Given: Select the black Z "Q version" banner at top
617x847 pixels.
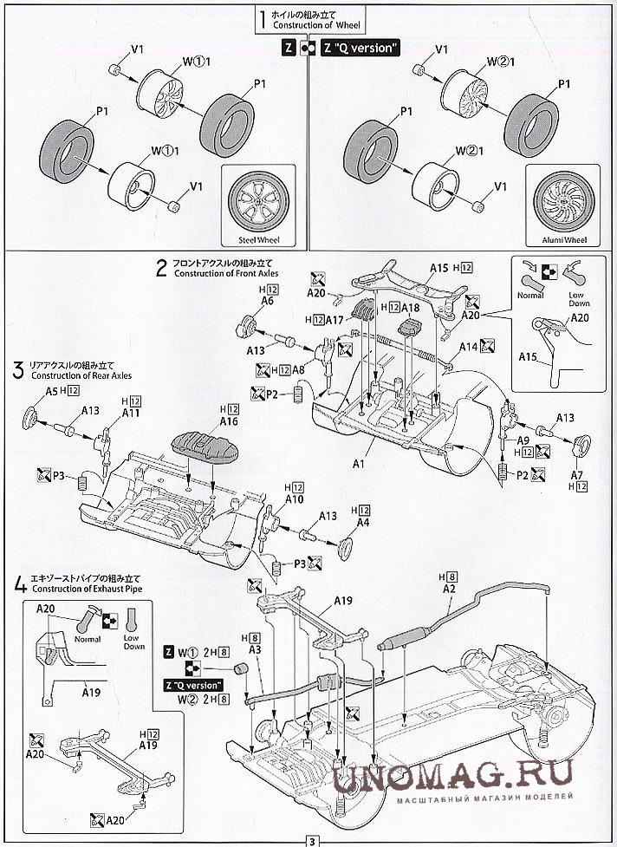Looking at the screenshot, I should point(360,49).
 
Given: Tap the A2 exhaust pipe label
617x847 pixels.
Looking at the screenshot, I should point(449,589).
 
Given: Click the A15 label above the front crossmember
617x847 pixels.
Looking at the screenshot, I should point(438,268).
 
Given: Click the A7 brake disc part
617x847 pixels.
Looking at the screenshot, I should point(578,447).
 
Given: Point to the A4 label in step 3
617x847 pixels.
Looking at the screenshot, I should point(362,523).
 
